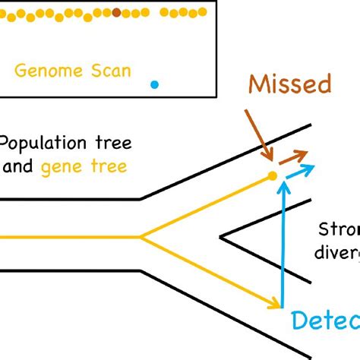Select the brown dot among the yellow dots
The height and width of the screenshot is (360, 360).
[x=116, y=12]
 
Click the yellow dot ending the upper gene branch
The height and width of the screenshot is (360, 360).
[x=272, y=177]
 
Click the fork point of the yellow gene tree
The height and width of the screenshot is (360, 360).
[x=142, y=236]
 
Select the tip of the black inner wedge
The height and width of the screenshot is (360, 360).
[x=221, y=237]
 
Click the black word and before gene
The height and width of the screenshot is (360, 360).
[x=17, y=167]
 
